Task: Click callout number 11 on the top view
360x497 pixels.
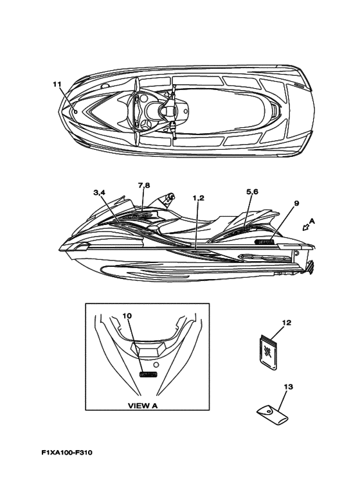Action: pos(57,84)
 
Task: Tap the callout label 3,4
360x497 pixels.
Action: pos(99,192)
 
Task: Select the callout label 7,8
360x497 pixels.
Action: pos(144,186)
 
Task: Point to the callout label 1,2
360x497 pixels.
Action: pos(199,198)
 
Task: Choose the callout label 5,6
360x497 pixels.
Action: pos(252,192)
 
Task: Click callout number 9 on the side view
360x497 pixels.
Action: pos(296,203)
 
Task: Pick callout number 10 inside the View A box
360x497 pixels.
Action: pos(127,316)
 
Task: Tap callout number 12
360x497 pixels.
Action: pos(287,323)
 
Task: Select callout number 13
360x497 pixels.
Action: pos(289,386)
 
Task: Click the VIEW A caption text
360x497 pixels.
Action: pos(143,406)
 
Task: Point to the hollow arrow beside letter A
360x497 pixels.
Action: pos(305,227)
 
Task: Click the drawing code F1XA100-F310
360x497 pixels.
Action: pos(67,453)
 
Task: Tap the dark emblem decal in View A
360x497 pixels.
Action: pos(148,374)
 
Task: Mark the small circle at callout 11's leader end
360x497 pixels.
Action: pos(76,112)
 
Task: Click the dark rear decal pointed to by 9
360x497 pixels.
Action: pos(264,242)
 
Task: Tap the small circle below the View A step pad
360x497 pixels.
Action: pos(156,363)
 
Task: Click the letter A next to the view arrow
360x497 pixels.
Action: pos(312,222)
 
